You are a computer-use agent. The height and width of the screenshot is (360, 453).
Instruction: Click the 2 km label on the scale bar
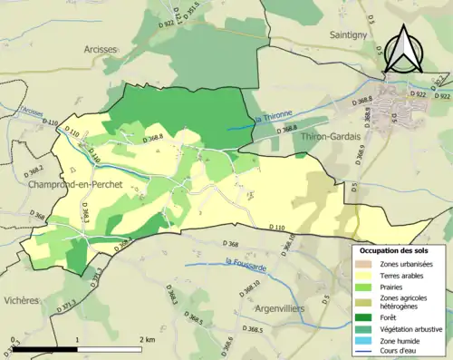[x=147, y=338]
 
